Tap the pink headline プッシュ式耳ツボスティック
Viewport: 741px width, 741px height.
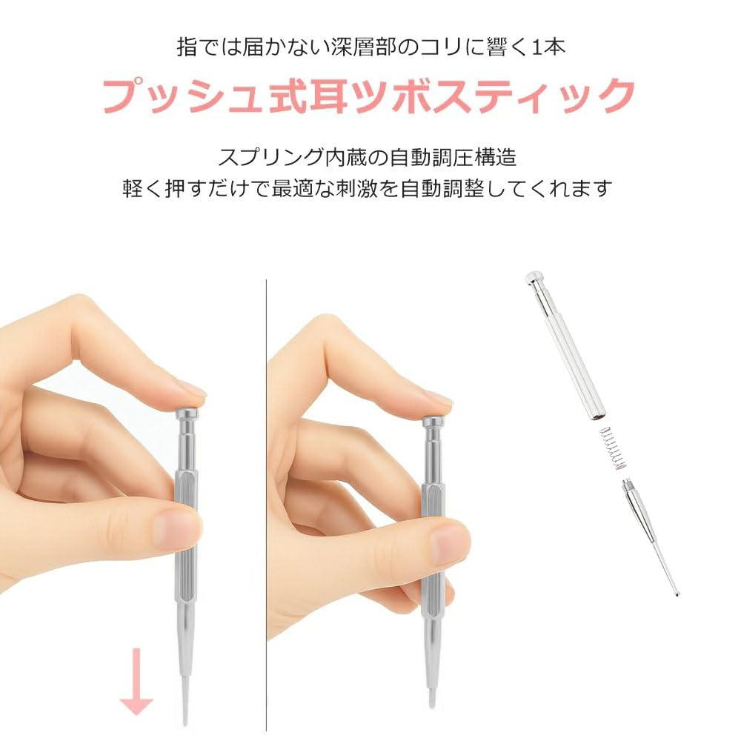coord(368,96)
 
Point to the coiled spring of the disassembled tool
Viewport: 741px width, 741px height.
coord(613,447)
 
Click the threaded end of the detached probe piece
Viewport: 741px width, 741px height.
coord(626,486)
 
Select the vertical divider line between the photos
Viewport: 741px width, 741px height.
coord(265,504)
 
